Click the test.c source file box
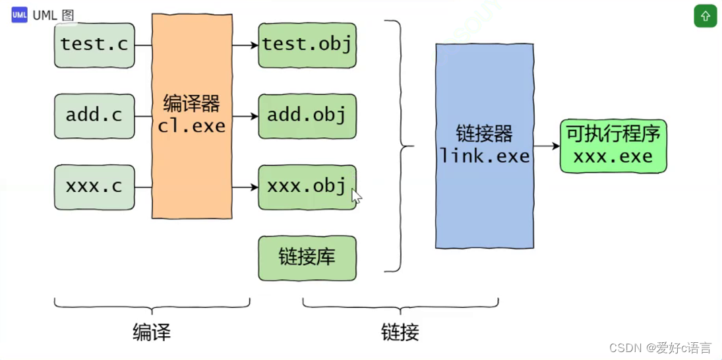click(x=94, y=45)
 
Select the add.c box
click(x=94, y=116)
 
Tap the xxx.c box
click(x=94, y=187)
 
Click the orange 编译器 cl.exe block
click(x=192, y=116)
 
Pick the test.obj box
click(x=307, y=45)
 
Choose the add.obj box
click(x=307, y=116)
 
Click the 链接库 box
click(x=307, y=258)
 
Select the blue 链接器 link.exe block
click(x=485, y=146)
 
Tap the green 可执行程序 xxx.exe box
click(x=613, y=146)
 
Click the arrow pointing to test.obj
click(x=245, y=45)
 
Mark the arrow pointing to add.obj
click(x=245, y=117)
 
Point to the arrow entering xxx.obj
click(x=245, y=187)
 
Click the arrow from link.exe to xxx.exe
click(x=547, y=146)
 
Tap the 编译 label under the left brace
click(x=152, y=332)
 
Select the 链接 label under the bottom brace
click(x=400, y=332)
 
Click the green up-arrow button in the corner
click(x=705, y=16)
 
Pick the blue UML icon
click(x=19, y=15)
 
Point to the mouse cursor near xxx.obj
click(x=356, y=196)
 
